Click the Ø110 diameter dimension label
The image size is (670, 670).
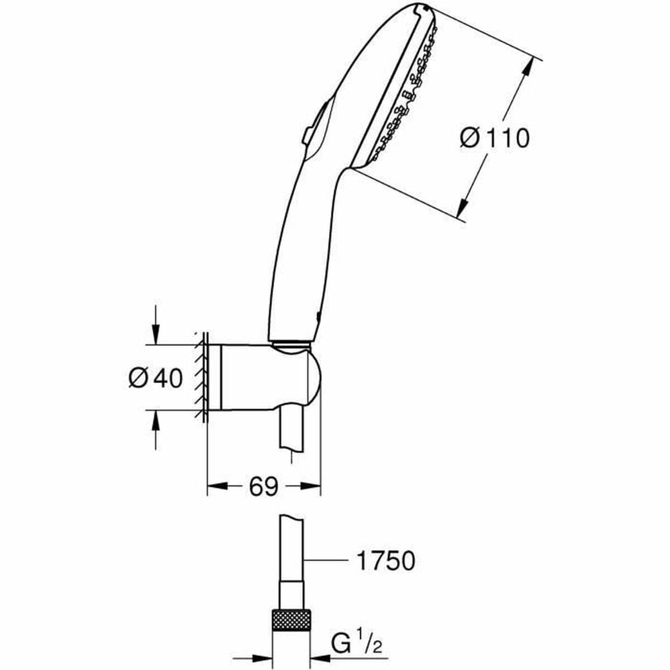point(495,137)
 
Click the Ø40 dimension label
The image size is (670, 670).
point(155,379)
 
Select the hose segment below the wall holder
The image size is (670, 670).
point(292,430)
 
